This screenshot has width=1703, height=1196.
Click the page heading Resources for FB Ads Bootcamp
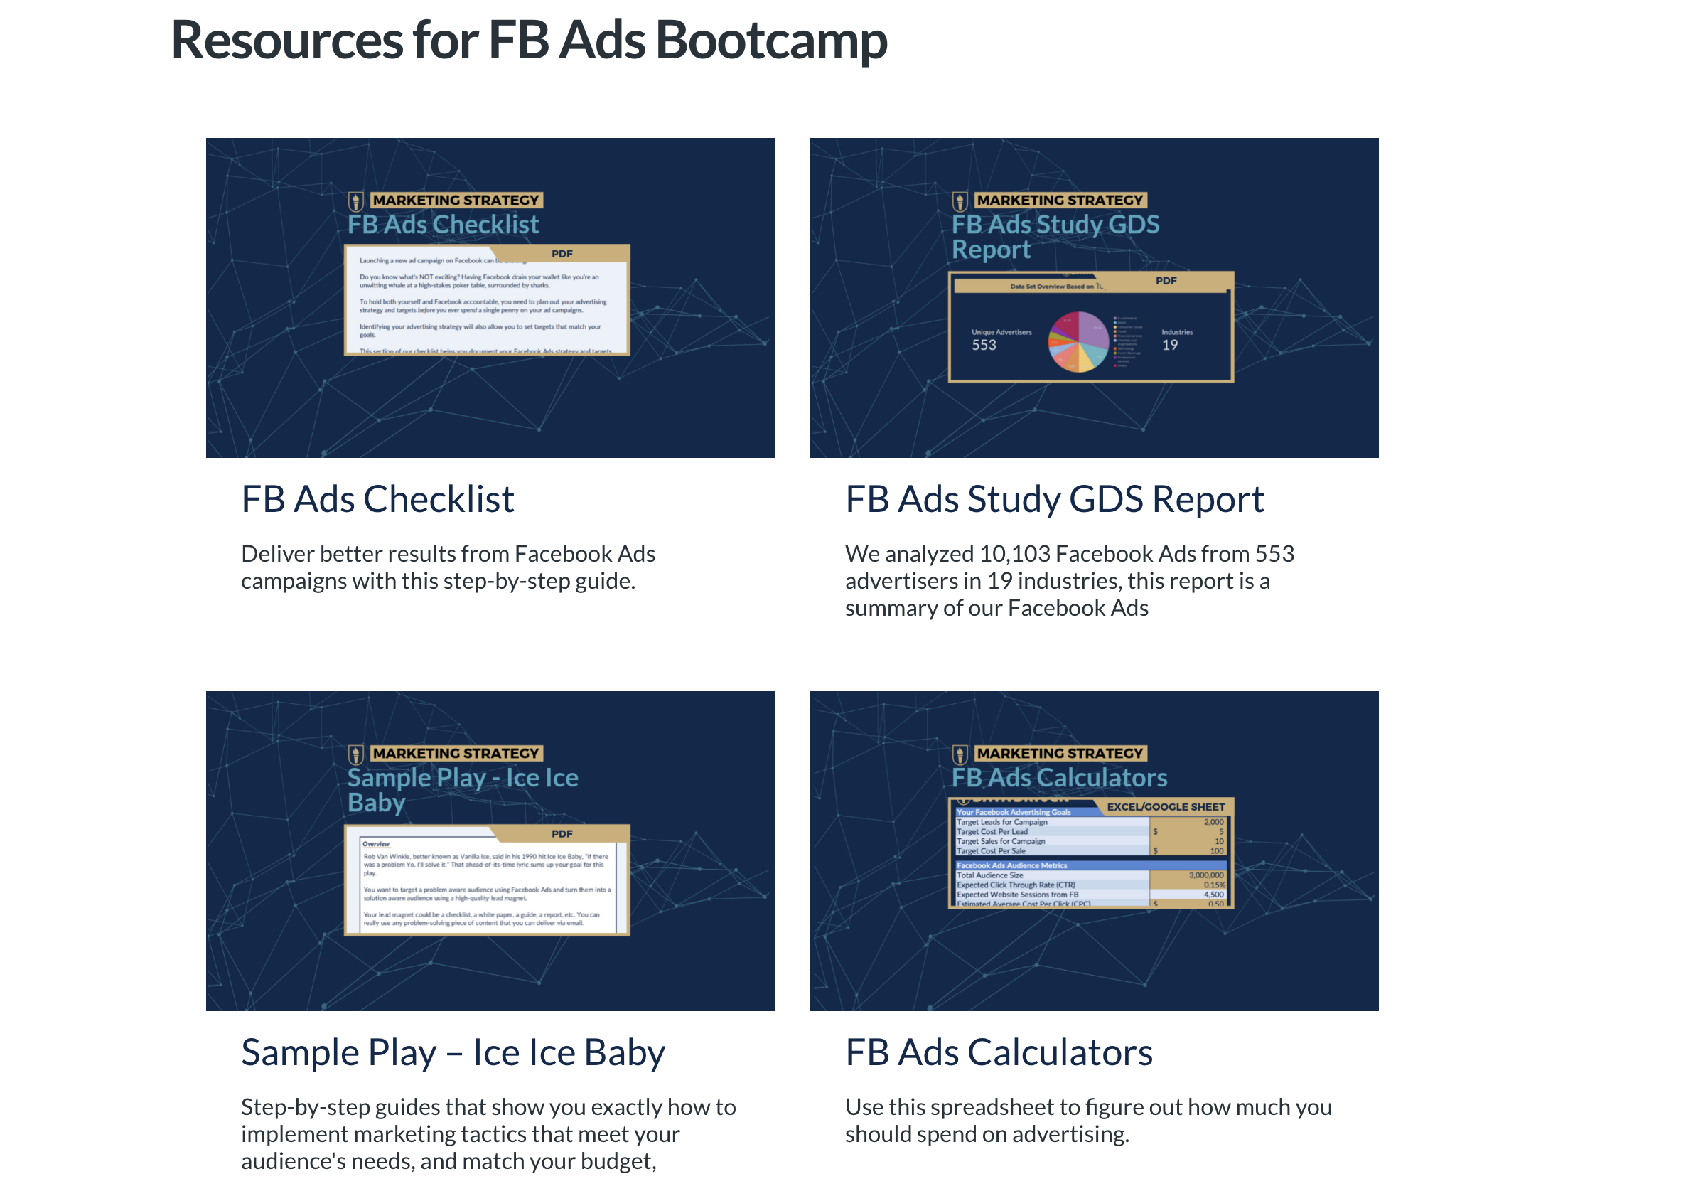pos(529,40)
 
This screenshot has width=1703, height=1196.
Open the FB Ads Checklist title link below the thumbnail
pos(377,499)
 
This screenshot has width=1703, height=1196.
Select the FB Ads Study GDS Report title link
pos(1054,499)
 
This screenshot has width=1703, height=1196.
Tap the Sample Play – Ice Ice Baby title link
pos(453,1053)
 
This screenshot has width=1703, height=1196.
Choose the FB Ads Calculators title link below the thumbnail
pos(999,1053)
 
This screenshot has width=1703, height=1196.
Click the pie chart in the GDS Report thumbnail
pos(1078,341)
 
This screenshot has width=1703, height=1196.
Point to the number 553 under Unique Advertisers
pos(984,345)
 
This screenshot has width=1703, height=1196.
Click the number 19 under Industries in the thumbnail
pos(1170,345)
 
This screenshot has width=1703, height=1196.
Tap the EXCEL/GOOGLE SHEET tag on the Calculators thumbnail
pos(1165,807)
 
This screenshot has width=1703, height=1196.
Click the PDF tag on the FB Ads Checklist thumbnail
pos(562,255)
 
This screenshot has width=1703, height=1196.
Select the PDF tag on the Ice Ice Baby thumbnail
pos(562,834)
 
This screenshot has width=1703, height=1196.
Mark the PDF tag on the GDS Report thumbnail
pos(1165,281)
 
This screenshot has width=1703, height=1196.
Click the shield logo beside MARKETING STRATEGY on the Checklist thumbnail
pos(356,201)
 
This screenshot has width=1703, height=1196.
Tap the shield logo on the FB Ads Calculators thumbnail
pos(960,754)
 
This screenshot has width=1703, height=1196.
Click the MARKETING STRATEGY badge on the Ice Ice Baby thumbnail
pos(456,754)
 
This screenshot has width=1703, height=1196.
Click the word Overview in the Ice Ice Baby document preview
pos(376,844)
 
